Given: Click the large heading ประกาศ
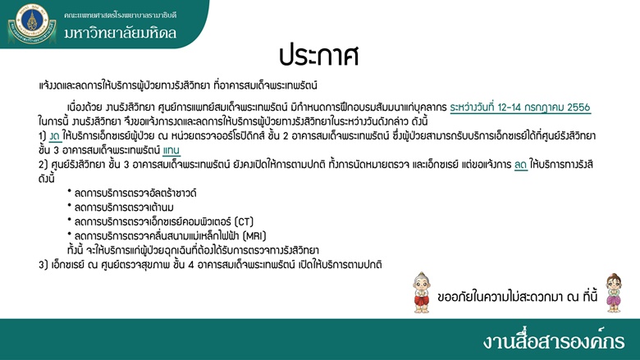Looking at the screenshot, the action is click(x=319, y=56).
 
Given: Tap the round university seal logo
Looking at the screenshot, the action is click(x=32, y=23).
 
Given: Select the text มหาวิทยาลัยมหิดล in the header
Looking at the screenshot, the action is click(x=120, y=33).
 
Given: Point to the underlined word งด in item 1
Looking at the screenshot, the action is click(x=55, y=136).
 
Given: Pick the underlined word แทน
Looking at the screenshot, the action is click(x=171, y=150).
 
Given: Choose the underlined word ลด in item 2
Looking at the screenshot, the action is click(x=521, y=164).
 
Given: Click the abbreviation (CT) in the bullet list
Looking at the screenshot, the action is click(x=244, y=221).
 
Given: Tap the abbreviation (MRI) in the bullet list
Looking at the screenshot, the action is click(x=254, y=235).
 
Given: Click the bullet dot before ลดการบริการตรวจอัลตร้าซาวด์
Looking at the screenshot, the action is click(x=70, y=191).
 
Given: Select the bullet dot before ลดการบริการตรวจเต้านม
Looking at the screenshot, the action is click(x=70, y=205).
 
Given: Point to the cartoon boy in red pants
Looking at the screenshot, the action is click(x=422, y=292).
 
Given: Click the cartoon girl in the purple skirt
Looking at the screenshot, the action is click(x=614, y=293).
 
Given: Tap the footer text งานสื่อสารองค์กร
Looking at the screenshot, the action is click(x=554, y=340).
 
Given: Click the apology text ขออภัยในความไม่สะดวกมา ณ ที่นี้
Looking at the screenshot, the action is click(x=517, y=296).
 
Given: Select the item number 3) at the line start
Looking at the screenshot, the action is click(x=43, y=265).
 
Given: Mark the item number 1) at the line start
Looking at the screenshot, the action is click(x=43, y=136).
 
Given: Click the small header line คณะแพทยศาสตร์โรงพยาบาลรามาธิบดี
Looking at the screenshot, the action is click(x=120, y=15).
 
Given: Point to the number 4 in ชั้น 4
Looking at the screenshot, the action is click(x=191, y=265).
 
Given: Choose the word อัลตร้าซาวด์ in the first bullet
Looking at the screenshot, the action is click(x=171, y=193).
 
